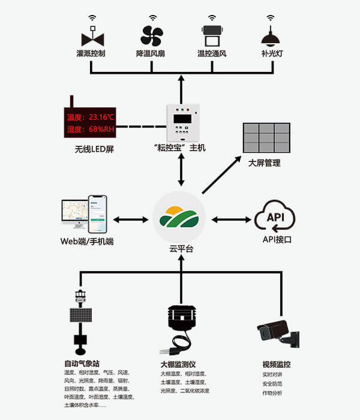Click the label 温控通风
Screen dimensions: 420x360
211,54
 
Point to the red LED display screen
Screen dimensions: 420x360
89,123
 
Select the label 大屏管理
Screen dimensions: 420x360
265,163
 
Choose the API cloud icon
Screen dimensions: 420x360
275,218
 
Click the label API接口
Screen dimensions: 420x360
277,240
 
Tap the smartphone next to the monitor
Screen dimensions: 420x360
98,214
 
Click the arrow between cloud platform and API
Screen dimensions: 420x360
230,219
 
